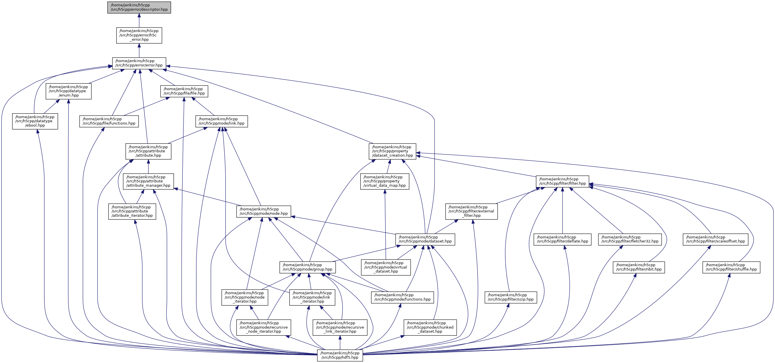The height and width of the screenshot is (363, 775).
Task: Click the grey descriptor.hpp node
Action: tap(139, 8)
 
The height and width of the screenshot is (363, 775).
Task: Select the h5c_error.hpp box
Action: tap(139, 35)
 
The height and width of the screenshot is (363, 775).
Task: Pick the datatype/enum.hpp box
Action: tap(69, 91)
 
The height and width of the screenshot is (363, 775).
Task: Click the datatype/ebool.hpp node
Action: tap(35, 121)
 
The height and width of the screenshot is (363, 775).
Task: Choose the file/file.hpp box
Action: tap(184, 91)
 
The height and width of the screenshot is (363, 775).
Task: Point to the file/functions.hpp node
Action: tap(109, 121)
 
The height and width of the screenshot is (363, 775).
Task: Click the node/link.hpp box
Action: tap(222, 121)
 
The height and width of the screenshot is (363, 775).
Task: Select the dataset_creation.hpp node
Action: tap(392, 151)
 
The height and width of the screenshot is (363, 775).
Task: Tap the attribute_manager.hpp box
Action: tap(148, 181)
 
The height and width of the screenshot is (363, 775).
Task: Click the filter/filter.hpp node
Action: tap(562, 181)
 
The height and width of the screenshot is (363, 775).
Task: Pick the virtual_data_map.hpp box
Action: tap(385, 181)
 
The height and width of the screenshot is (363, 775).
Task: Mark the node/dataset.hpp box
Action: tap(425, 239)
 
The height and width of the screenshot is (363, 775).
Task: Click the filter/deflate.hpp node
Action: tap(562, 239)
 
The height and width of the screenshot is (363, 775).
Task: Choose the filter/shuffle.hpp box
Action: tap(731, 267)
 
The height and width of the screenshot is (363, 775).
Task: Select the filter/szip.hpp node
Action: tap(511, 297)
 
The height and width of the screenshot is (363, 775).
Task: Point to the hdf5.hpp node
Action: tap(340, 355)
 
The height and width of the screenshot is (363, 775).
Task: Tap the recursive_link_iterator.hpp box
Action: tap(340, 327)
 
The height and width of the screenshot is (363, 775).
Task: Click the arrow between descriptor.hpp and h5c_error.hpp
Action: tap(139, 21)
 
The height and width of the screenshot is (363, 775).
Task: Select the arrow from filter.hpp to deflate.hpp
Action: tap(562, 210)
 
